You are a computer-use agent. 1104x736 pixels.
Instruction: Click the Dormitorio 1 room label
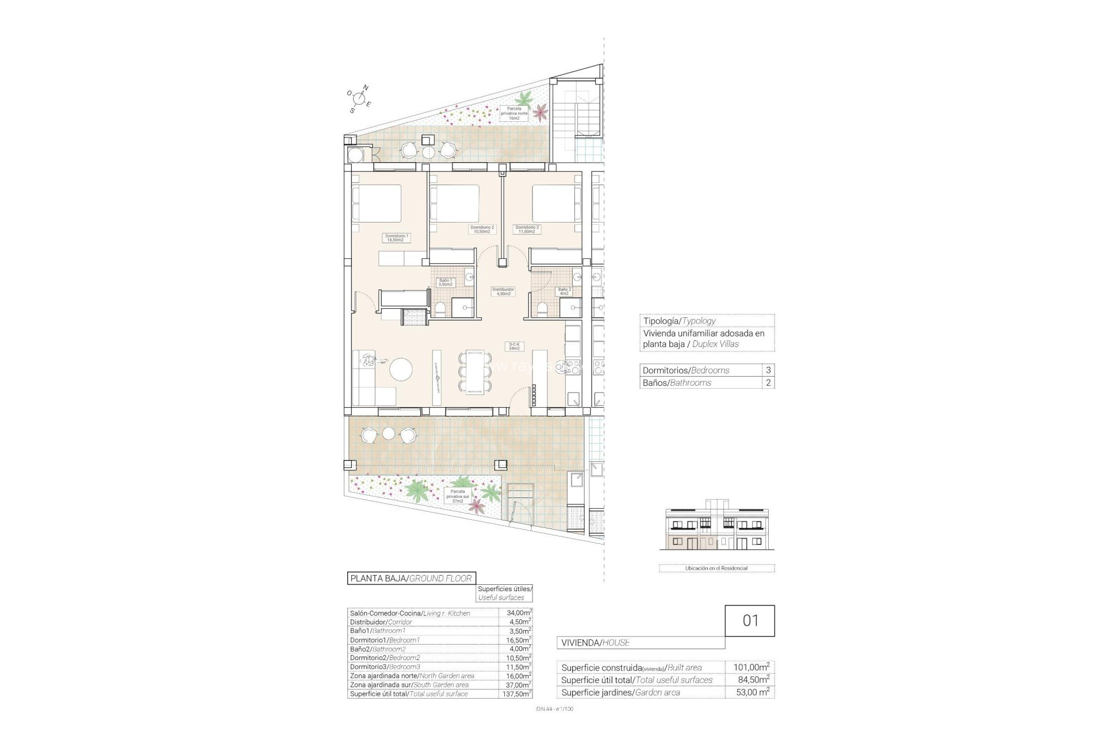pos(397,237)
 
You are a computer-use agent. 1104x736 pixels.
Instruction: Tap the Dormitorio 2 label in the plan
pos(482,229)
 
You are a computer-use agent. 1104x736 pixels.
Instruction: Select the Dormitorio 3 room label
pos(527,229)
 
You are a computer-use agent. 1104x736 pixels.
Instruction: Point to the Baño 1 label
pos(446,282)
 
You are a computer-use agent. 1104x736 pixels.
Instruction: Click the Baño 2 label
pos(564,292)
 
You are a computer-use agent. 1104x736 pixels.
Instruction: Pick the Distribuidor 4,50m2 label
pos(503,292)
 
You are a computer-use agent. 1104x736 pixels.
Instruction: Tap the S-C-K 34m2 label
pos(513,346)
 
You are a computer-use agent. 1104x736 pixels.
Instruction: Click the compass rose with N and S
pos(359,98)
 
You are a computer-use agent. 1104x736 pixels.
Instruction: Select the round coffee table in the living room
pos(401,369)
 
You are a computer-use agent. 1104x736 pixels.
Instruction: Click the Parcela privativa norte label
pos(514,113)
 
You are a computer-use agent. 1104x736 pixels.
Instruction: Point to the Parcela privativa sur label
pos(458,496)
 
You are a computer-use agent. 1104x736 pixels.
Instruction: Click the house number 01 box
pos(750,621)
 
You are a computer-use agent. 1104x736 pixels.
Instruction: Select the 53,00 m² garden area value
pos(752,692)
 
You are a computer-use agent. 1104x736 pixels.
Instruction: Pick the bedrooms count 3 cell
pos(768,370)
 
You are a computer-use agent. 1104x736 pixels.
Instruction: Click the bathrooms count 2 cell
pos(768,383)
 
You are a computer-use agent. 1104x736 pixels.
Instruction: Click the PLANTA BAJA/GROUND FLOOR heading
pos(411,578)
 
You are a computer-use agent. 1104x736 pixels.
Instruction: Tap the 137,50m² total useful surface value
pos(515,694)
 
